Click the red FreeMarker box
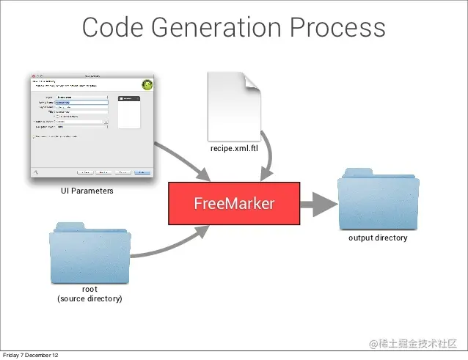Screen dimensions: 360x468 click(234, 203)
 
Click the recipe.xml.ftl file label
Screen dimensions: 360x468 click(234, 148)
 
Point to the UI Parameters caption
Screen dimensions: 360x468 click(87, 191)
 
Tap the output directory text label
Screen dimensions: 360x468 click(378, 238)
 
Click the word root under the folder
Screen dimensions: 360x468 click(89, 290)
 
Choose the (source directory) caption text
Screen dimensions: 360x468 click(89, 299)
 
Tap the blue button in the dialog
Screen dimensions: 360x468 click(143, 172)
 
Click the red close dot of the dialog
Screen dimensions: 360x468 click(34, 76)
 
